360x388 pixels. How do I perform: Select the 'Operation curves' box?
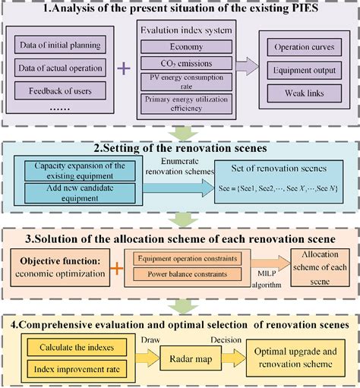tap(299, 46)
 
